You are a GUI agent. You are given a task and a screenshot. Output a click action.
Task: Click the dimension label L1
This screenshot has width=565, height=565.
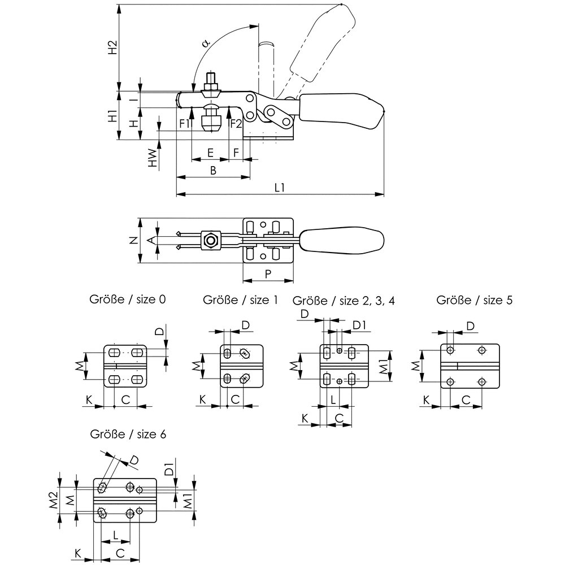point(279,187)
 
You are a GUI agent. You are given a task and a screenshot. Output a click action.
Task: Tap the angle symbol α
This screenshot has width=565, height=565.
point(206,43)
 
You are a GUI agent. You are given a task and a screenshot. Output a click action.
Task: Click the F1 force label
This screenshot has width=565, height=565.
point(184,123)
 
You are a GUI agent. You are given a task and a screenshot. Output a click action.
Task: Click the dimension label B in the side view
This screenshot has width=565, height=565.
point(213,171)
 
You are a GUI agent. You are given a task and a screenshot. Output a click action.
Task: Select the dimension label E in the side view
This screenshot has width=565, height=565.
point(210,153)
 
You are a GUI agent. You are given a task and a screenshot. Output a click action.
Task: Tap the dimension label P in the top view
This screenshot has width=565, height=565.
point(268,273)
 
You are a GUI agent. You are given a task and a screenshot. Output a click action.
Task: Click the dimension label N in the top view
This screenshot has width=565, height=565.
point(133,241)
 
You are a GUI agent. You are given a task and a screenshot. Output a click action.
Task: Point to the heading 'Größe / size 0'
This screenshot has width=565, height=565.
point(128,300)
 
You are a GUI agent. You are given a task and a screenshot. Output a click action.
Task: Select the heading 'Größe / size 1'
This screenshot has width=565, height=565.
point(241,300)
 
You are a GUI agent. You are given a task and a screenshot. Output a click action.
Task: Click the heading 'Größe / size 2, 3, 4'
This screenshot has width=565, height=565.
point(342,300)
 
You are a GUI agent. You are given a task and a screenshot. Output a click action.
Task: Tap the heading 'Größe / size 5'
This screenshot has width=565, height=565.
point(475,300)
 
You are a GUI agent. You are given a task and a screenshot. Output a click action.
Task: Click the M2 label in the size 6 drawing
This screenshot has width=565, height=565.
point(53,499)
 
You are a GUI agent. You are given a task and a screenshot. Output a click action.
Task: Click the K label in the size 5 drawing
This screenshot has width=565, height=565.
point(428,400)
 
